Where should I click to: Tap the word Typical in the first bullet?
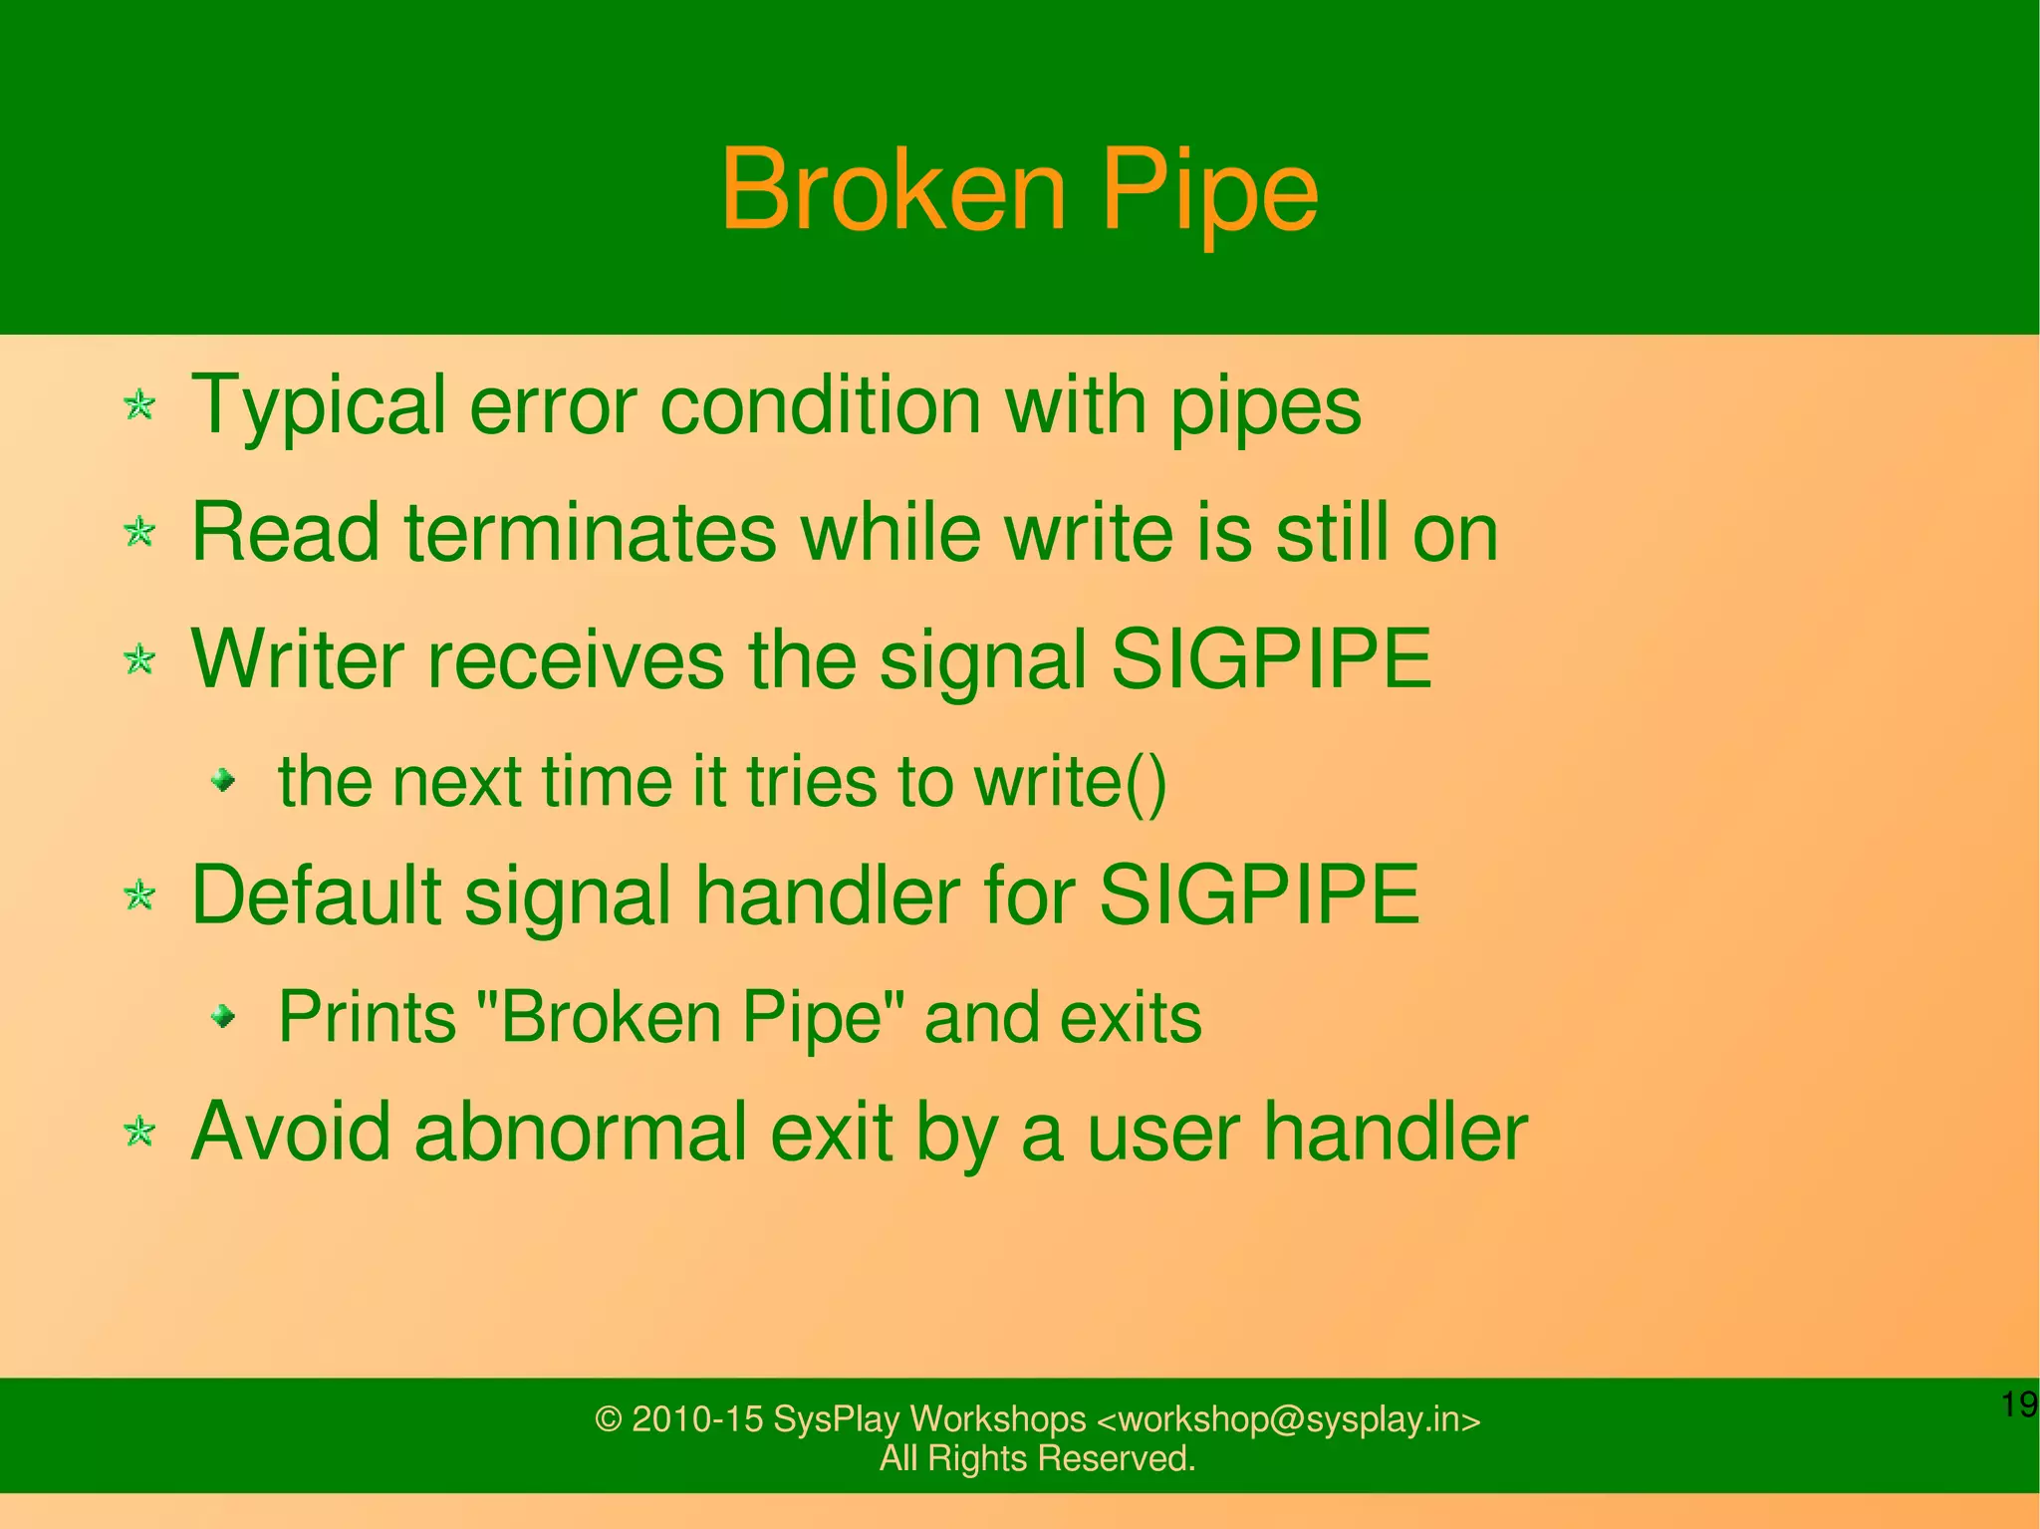pos(318,406)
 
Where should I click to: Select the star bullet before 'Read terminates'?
pos(139,532)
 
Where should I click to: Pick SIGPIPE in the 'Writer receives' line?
pos(1270,659)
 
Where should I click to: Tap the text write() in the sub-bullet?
pos(1070,782)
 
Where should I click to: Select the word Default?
pos(316,895)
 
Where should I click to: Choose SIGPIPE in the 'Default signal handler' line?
pos(1259,895)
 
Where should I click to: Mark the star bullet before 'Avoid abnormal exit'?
pos(139,1132)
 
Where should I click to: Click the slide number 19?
pos(2019,1404)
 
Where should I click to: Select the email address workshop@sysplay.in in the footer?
pos(1289,1419)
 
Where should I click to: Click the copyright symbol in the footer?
pos(608,1419)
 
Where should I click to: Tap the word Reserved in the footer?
pos(1116,1458)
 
